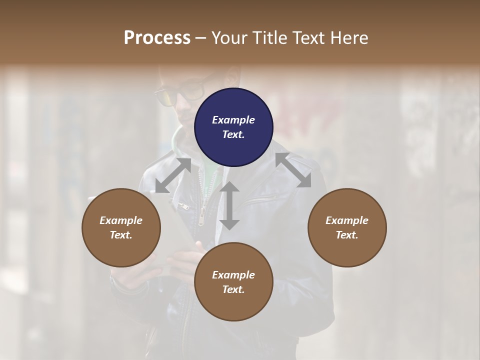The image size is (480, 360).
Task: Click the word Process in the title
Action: click(x=157, y=38)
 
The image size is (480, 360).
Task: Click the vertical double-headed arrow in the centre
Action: click(x=229, y=206)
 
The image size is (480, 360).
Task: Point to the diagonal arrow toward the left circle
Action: click(x=172, y=175)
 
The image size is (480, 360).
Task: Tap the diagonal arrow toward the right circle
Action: click(x=293, y=170)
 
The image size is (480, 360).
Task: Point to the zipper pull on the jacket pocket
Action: click(x=182, y=205)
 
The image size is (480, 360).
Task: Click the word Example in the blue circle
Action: click(x=233, y=120)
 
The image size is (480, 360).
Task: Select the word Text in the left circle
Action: click(x=121, y=235)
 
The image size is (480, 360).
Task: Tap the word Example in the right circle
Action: click(x=347, y=220)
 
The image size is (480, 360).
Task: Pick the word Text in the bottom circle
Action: click(x=233, y=289)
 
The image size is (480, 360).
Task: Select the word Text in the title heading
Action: click(x=309, y=38)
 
